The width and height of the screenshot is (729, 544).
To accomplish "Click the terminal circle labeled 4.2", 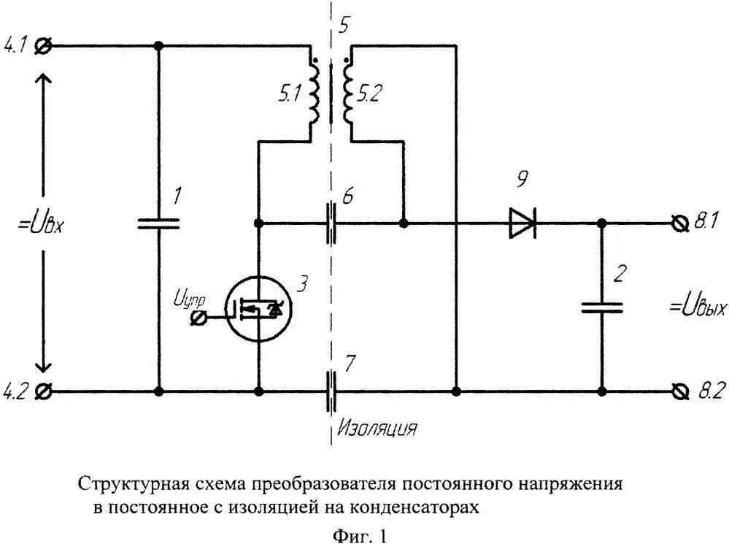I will tap(43, 391).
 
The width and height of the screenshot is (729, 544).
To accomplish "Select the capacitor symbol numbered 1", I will tap(159, 222).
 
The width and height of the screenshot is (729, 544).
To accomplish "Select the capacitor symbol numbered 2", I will tap(602, 307).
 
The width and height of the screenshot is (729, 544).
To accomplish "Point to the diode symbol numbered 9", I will tap(522, 222).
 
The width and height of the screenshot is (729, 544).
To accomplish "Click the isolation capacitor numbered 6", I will tap(332, 222).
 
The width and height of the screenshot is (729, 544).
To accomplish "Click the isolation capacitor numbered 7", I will tap(332, 391).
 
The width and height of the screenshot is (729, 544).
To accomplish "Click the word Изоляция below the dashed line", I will tap(377, 427).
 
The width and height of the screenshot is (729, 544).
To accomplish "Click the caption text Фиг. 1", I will tap(360, 537).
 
